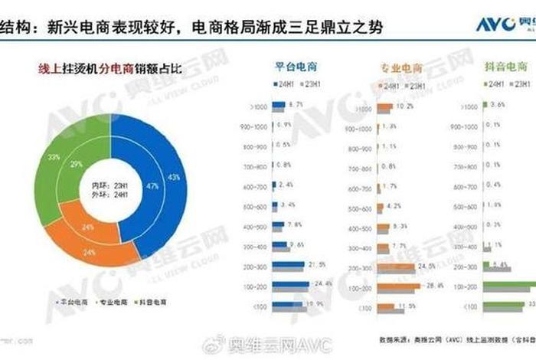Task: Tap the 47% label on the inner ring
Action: click(152, 186)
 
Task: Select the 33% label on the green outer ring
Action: click(54, 156)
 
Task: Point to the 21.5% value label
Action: click(316, 265)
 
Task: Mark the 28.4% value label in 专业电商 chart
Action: click(435, 286)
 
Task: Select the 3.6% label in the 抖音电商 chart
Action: click(497, 104)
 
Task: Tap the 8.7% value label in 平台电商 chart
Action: click(297, 104)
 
